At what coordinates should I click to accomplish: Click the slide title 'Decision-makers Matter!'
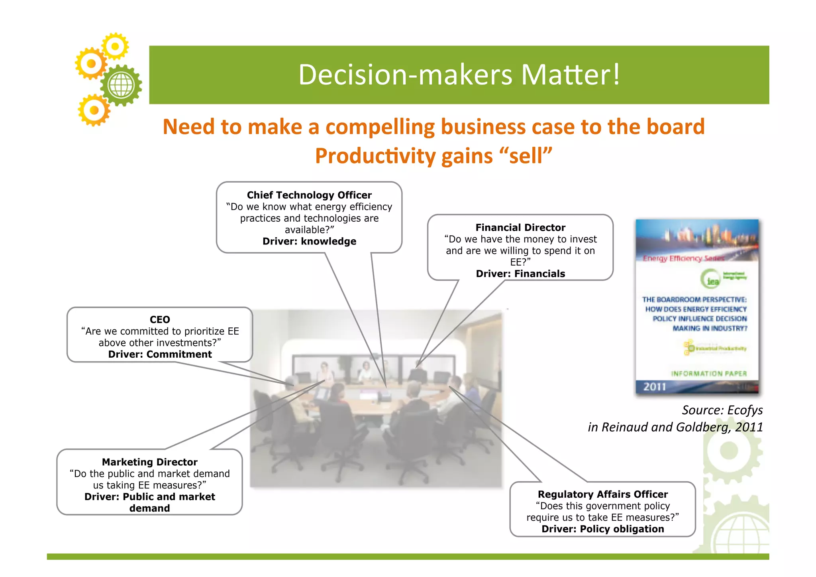pos(459,75)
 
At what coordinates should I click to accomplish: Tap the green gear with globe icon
pos(121,85)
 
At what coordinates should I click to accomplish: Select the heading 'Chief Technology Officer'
pos(309,195)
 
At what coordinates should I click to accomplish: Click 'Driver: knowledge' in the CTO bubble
pos(309,241)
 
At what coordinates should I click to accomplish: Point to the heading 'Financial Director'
pos(520,227)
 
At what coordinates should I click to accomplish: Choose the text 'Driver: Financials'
pos(520,274)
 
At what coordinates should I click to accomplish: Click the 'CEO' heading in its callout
pos(160,319)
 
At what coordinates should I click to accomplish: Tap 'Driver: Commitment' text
pos(160,354)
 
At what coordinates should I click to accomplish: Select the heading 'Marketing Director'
pos(149,462)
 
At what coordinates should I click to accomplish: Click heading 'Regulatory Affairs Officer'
pos(602,494)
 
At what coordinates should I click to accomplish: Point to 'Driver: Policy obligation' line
pos(602,529)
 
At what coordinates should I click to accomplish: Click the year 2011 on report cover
pos(655,386)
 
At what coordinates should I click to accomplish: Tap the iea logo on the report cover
pos(712,279)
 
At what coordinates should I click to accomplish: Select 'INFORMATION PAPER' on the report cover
pos(709,374)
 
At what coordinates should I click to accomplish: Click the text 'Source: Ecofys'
pos(722,410)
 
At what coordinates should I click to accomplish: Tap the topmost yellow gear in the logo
pos(115,46)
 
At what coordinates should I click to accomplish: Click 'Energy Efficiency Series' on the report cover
pos(683,258)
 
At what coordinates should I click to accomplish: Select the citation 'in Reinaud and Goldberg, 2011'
pos(675,427)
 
